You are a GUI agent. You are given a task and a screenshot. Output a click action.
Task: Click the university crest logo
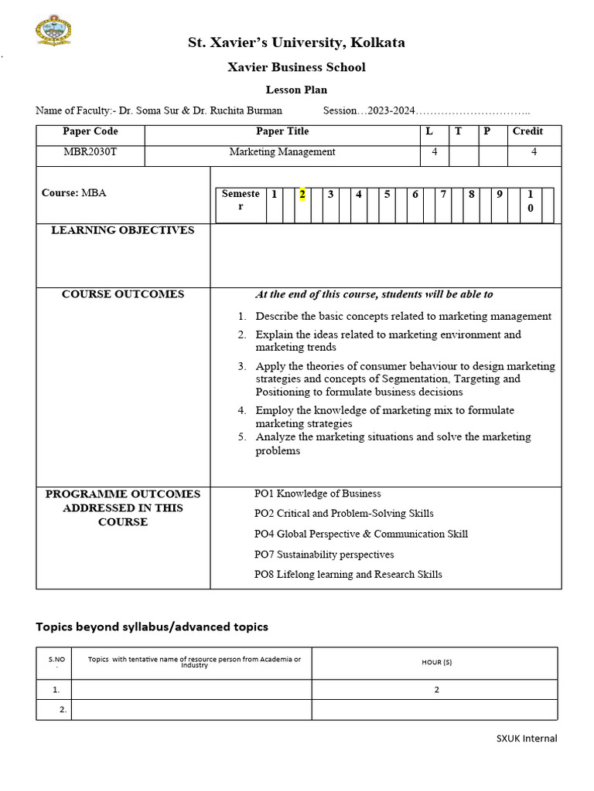pos(53,32)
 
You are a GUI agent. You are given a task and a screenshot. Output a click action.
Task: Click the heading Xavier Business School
pos(296,67)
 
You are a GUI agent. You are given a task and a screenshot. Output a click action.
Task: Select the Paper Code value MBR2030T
pos(90,152)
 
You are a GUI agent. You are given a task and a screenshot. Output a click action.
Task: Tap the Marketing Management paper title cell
pos(282,152)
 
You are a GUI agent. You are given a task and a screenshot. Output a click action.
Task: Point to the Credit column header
pos(527,131)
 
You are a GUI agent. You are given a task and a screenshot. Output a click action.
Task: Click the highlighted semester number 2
pos(302,195)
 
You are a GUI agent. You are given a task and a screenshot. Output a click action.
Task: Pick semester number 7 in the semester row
pos(443,195)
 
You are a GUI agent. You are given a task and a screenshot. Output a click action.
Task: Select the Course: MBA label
pos(74,193)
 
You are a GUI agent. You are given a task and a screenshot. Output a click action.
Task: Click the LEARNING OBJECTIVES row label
pos(122,230)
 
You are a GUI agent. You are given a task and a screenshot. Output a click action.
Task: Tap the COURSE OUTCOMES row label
pos(122,294)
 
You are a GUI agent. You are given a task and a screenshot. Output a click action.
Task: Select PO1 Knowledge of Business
pos(317,494)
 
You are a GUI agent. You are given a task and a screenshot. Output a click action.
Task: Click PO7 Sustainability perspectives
pos(324,555)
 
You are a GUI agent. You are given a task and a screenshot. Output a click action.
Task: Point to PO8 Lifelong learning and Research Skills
pos(348,574)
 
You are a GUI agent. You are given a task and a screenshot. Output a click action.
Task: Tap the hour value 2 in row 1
pos(436,690)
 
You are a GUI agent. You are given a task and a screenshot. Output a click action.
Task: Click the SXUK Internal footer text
pos(526,738)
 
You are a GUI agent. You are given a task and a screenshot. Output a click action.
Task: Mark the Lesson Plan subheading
pos(296,90)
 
